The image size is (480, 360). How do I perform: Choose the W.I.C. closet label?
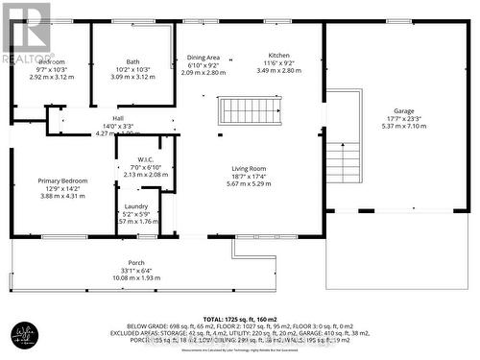click(146, 159)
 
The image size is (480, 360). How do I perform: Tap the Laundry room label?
click(136, 206)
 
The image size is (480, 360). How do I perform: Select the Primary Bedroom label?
click(62, 180)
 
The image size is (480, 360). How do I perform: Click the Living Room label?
click(249, 168)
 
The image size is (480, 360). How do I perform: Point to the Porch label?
click(136, 262)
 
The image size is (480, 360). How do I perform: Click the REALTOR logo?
click(25, 32)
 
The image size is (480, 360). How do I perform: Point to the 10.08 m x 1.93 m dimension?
click(136, 277)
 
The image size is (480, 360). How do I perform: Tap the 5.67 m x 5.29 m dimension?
click(249, 183)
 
